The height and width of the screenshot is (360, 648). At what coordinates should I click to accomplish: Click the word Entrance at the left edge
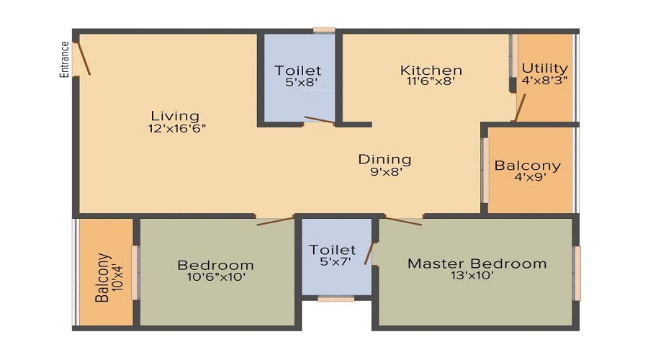coord(64,59)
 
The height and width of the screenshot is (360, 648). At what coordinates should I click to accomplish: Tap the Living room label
coord(175,116)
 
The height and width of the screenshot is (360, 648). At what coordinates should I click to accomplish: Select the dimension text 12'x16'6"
coord(175,129)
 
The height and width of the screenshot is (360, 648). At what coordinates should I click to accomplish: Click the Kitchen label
coord(431,70)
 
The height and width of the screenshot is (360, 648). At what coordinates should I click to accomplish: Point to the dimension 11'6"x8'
coord(431,82)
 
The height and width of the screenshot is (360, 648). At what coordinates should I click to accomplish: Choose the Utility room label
coord(545,69)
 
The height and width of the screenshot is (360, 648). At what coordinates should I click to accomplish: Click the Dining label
coord(385,159)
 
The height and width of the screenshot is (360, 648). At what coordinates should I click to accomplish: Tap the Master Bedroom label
coord(477,264)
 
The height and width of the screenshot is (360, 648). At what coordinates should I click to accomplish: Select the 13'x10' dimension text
coord(477,276)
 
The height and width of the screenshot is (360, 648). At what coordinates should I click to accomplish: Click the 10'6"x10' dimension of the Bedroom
coord(215,277)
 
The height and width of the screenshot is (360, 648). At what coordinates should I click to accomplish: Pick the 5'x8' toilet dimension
coord(297,83)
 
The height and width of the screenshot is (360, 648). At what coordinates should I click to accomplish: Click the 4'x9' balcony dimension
coord(527,178)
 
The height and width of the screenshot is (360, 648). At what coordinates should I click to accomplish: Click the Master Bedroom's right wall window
coord(577,273)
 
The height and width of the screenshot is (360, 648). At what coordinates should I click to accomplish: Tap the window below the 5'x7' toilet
coord(336,298)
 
